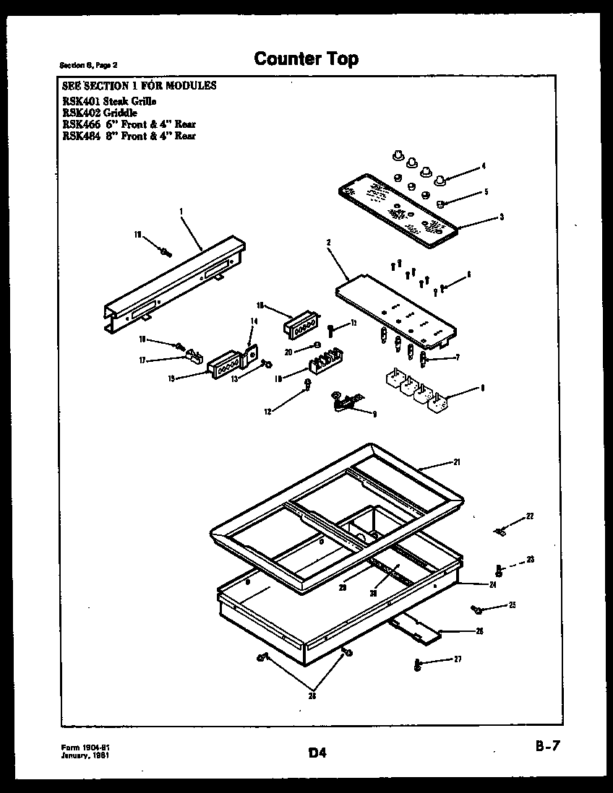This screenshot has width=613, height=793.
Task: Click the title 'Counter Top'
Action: point(306,58)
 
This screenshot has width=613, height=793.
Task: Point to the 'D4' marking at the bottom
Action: point(317,753)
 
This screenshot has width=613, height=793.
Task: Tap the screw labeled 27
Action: point(417,664)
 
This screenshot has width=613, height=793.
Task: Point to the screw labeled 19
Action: point(166,251)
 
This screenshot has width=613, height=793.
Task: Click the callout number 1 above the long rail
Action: point(181,211)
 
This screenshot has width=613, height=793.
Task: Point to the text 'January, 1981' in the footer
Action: point(85,755)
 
